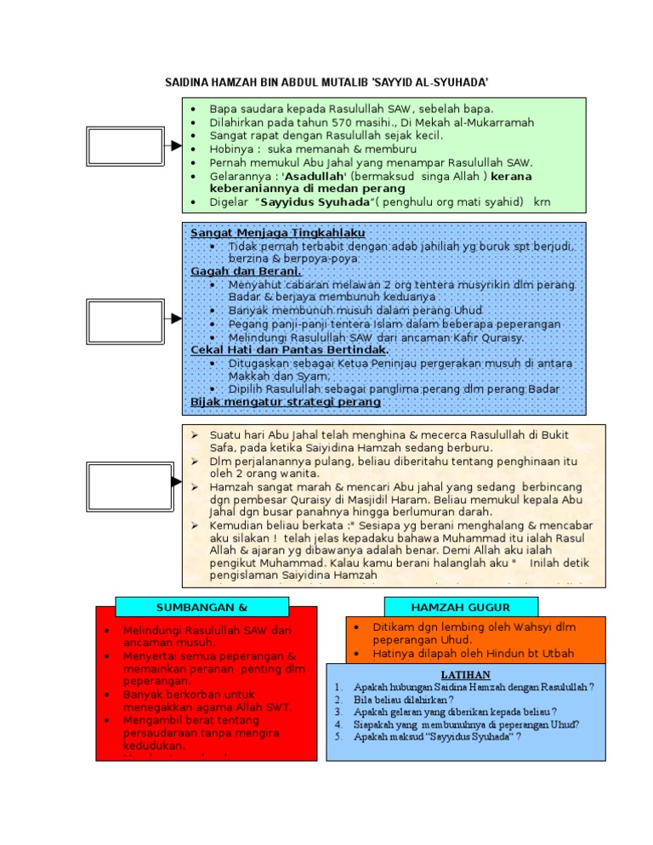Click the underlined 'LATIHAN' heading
click(x=466, y=674)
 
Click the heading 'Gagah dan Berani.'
click(x=234, y=270)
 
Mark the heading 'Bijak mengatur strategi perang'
click(x=286, y=400)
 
